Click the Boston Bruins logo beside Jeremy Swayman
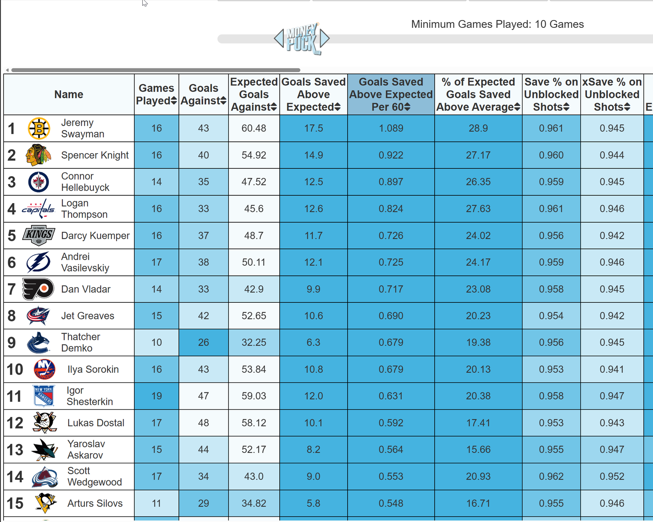click(x=39, y=129)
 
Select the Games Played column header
click(x=156, y=94)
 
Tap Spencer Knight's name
click(x=95, y=155)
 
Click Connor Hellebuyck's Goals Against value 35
click(x=204, y=182)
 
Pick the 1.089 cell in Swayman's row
click(x=391, y=128)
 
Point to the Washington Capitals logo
click(x=38, y=209)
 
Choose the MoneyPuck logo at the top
click(x=302, y=39)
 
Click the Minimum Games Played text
click(x=497, y=24)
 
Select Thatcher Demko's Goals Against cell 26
click(x=204, y=342)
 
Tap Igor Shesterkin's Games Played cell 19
click(x=157, y=396)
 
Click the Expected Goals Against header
click(x=254, y=94)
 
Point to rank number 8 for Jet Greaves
click(x=12, y=316)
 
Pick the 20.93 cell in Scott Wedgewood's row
click(x=478, y=476)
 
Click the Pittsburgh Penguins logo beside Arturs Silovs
click(x=45, y=503)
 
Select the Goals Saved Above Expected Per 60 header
click(x=391, y=94)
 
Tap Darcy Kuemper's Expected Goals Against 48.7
click(x=254, y=236)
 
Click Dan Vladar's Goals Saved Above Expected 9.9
click(x=313, y=289)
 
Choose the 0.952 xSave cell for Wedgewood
click(x=612, y=476)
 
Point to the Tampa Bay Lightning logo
click(x=39, y=263)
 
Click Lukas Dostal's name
click(x=96, y=423)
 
